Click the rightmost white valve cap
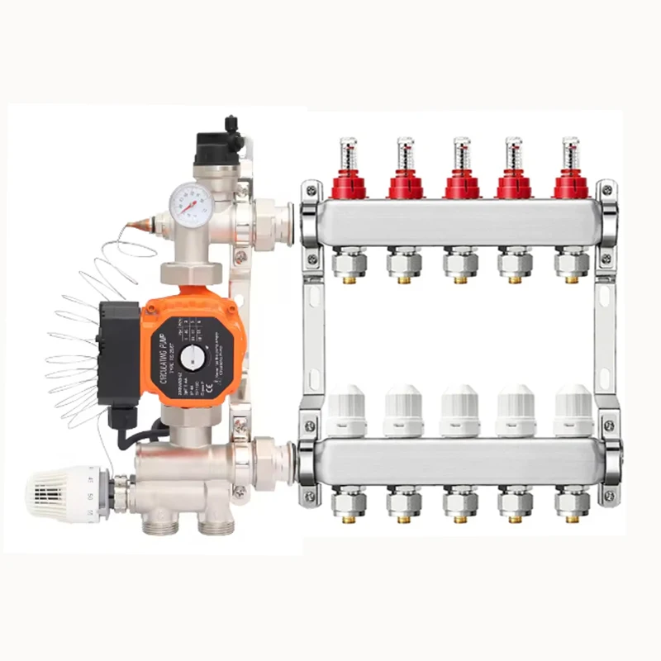tap(573, 411)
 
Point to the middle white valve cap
tap(459, 411)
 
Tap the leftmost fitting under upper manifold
tap(348, 265)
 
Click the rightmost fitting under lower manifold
tap(572, 503)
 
